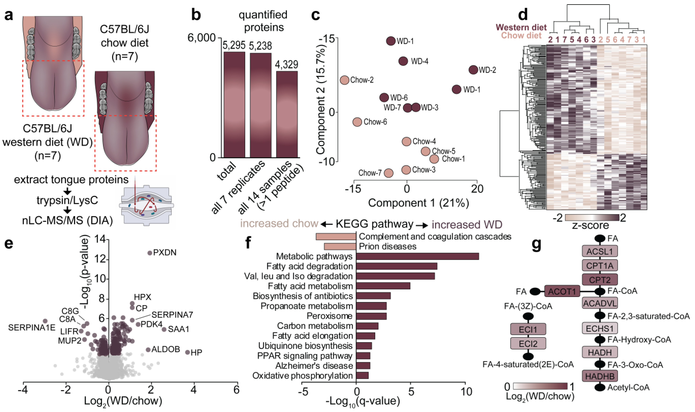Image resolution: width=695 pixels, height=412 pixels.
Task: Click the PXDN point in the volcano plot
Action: (150, 253)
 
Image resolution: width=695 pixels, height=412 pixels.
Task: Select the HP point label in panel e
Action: (196, 353)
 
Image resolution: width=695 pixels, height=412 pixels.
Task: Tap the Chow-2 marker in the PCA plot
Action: (344, 80)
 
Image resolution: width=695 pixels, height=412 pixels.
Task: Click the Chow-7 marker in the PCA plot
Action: (388, 173)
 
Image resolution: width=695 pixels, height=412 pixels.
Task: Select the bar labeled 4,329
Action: (287, 114)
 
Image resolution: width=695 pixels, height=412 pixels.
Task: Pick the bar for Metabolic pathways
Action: (417, 256)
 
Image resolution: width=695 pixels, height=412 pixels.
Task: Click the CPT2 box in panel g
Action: (600, 280)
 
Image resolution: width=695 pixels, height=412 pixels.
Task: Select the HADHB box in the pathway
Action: (600, 376)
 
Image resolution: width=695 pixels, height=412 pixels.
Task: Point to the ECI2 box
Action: (528, 344)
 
